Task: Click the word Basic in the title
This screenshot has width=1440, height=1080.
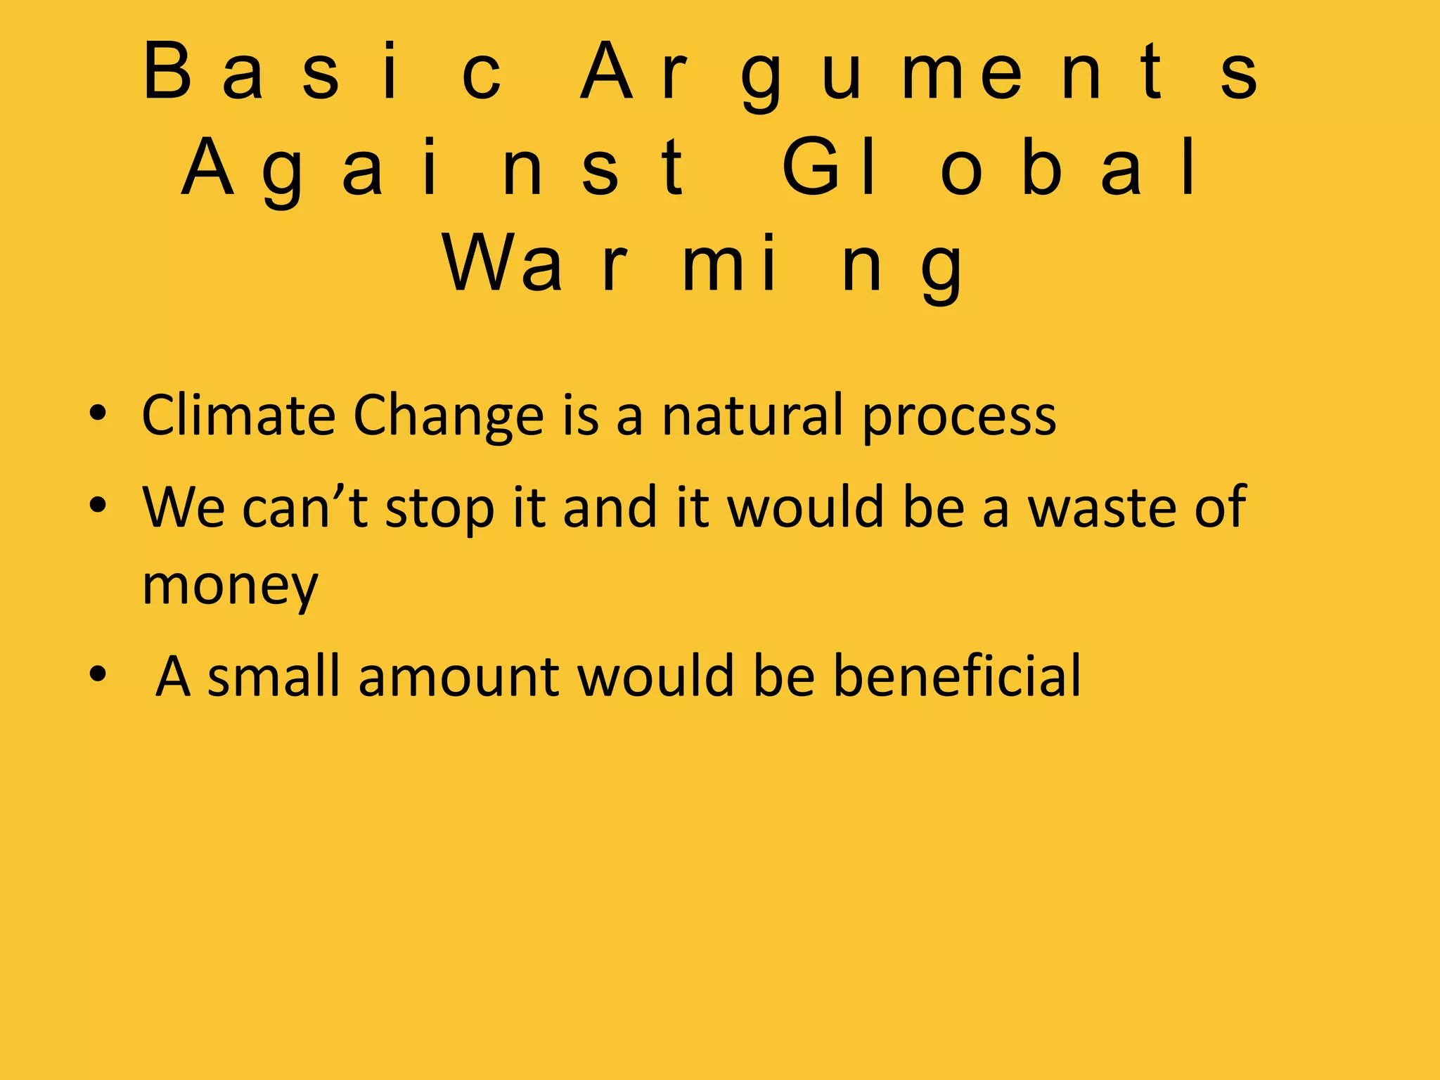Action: point(322,72)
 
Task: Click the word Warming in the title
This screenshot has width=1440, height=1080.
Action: point(703,265)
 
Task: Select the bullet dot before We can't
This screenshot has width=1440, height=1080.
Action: point(98,505)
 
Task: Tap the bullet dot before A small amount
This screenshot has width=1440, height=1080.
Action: point(98,674)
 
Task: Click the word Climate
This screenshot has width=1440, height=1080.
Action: point(238,415)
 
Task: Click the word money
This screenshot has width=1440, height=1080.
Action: point(230,586)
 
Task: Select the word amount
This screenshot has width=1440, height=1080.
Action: point(458,677)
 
